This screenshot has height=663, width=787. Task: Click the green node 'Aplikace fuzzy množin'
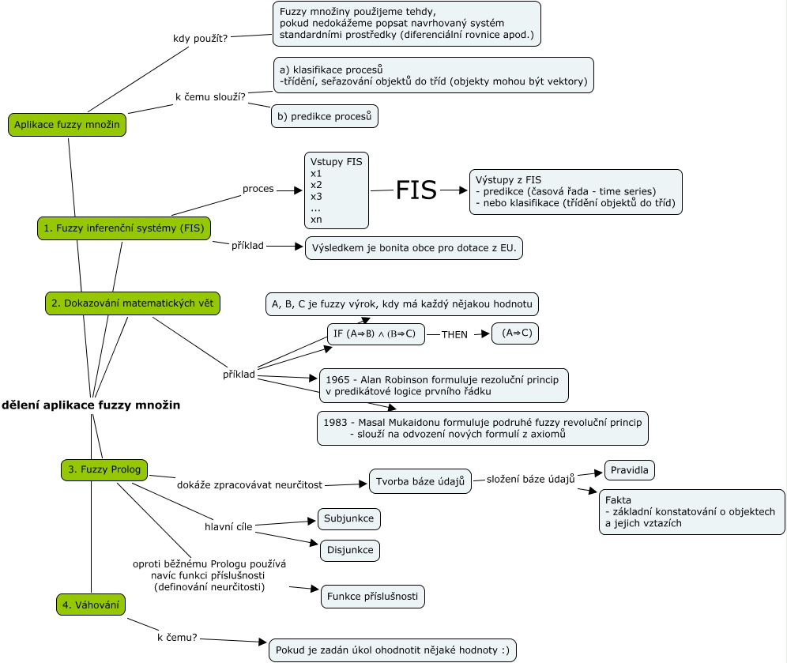tap(66, 125)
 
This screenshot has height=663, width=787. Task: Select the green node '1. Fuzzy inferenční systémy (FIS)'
tap(124, 228)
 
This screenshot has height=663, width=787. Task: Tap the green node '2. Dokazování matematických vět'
tap(131, 303)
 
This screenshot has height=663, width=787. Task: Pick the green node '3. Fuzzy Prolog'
tap(104, 469)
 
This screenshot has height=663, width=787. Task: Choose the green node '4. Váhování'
tap(91, 605)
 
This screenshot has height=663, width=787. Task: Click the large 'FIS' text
tap(416, 190)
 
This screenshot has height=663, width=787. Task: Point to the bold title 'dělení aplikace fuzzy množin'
tap(91, 405)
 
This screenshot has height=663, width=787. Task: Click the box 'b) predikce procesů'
tap(325, 116)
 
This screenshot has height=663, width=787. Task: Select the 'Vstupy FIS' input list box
tap(337, 190)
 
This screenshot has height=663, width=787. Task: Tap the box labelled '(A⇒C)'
tap(514, 333)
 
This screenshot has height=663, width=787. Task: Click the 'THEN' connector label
tap(454, 334)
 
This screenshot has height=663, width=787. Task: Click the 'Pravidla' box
tap(629, 470)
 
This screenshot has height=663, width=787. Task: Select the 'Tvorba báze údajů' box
tap(420, 481)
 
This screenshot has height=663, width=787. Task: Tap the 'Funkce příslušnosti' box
tap(373, 597)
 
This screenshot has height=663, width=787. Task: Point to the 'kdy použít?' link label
tap(200, 38)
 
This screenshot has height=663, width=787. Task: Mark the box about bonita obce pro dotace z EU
tap(414, 248)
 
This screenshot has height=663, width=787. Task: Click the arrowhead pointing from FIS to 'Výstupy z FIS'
tap(463, 190)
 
